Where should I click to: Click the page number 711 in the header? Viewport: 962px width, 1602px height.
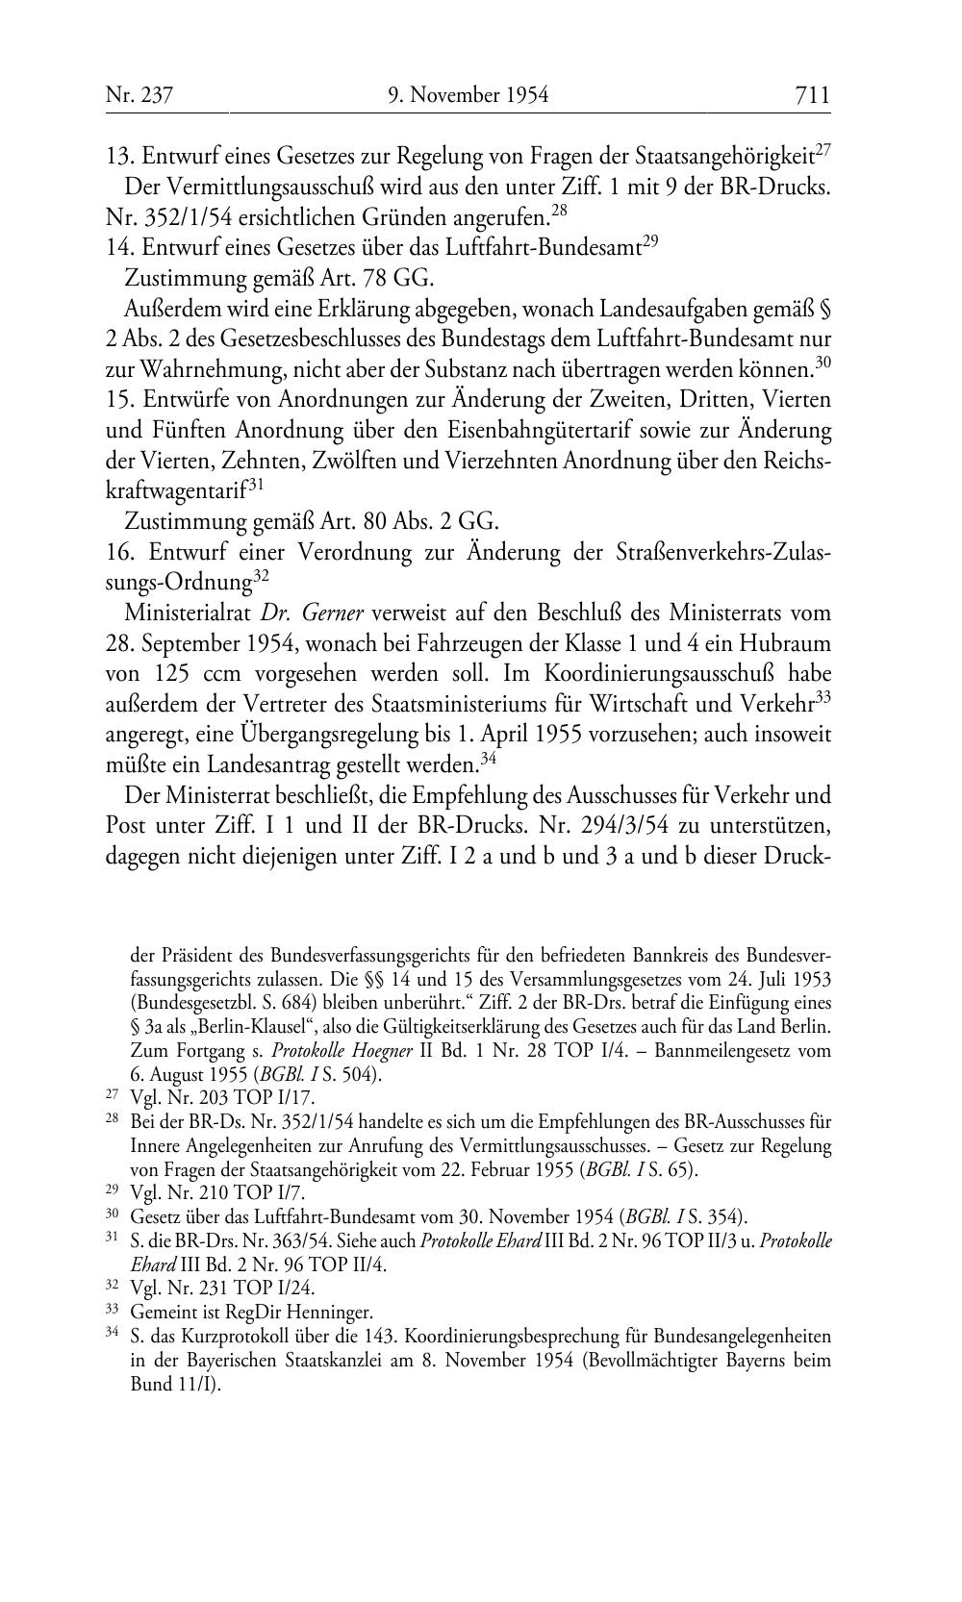point(812,95)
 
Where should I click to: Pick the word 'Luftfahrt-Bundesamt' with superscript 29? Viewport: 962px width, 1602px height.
point(547,248)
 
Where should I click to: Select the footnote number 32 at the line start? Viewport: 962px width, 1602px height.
point(111,1287)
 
